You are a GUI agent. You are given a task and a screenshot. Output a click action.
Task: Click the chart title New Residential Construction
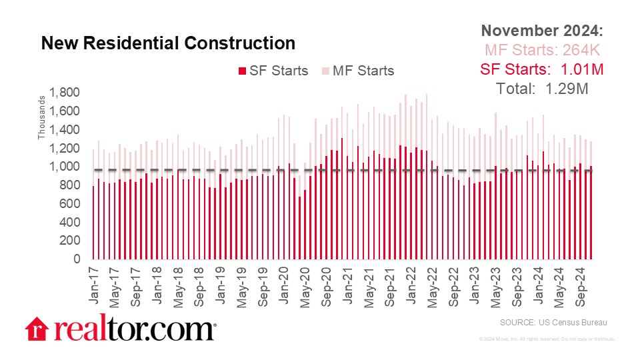(168, 43)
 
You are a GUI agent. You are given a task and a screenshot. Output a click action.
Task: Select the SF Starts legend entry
(273, 71)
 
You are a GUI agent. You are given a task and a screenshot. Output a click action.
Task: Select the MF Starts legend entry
(358, 71)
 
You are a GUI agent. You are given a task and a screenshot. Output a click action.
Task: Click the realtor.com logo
(121, 329)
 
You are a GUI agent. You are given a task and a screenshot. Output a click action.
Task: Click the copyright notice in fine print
(547, 339)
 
